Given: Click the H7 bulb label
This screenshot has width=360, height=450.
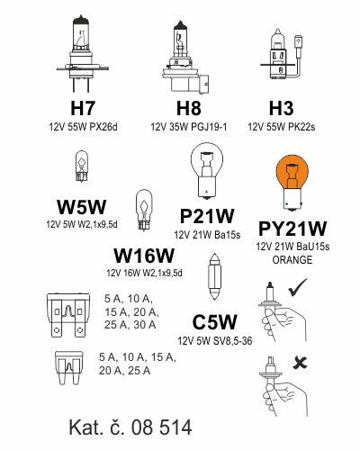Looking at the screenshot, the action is coord(83,108).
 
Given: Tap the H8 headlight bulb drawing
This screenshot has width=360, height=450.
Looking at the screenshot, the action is coord(185,57).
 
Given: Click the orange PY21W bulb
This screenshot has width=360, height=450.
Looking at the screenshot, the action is coord(292,183).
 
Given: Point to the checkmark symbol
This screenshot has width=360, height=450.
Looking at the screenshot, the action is coord(297,287).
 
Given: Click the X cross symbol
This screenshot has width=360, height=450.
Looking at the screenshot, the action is coord(300,363).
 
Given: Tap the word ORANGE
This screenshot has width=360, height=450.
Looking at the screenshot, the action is coord(292,259).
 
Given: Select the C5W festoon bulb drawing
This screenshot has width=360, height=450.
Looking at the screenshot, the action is coord(214,276).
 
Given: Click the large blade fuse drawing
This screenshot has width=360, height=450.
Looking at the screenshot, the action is coord(68,315).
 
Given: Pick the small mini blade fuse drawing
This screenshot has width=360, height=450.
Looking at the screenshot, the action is coord(68,368).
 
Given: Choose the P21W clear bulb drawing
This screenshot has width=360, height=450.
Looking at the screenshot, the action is coord(207,171).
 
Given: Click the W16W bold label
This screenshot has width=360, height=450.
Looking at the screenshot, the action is coord(144,256).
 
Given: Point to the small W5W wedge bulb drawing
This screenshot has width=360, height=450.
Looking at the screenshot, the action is coord(82,166).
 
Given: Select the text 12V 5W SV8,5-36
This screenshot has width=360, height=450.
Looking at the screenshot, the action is coord(215,341).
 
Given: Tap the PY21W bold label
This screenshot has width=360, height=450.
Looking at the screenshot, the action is coord(292,229).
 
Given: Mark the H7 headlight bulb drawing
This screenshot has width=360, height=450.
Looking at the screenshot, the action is coord(82,53).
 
